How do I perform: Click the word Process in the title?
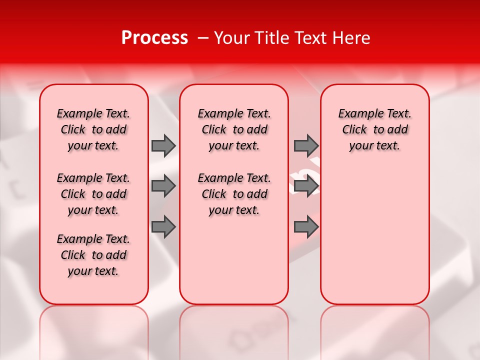click(x=154, y=38)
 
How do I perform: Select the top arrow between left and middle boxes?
click(x=163, y=145)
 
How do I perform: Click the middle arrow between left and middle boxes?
click(x=163, y=186)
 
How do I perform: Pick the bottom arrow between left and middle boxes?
click(x=163, y=227)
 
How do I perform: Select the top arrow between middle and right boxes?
click(x=306, y=145)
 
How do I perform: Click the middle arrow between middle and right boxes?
click(x=306, y=186)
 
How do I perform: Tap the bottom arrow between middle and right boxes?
click(x=306, y=227)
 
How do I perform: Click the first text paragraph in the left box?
click(x=93, y=129)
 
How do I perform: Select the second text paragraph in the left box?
click(x=93, y=194)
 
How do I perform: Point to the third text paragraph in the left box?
click(x=93, y=255)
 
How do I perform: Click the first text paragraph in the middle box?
click(x=234, y=129)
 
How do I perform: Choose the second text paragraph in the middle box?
click(x=234, y=194)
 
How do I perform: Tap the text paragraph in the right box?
click(x=374, y=129)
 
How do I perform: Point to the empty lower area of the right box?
click(x=374, y=235)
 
